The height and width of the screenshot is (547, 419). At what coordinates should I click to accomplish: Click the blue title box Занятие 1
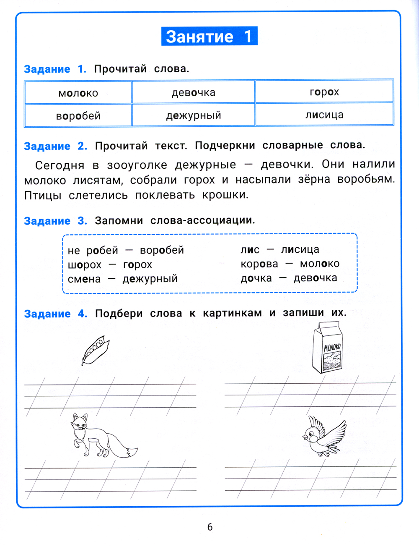coord(209,36)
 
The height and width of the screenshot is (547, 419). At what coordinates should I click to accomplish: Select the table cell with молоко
coord(78,93)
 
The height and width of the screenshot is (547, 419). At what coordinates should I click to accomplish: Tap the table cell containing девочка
coord(193,92)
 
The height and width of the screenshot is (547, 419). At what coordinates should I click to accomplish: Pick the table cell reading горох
coord(324,92)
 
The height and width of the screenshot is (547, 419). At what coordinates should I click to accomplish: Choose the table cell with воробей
coord(78,115)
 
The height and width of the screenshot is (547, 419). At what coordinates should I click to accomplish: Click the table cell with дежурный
coord(193,115)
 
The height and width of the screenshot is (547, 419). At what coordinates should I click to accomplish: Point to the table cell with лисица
coord(324,115)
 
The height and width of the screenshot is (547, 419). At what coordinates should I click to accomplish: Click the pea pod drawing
coord(96,350)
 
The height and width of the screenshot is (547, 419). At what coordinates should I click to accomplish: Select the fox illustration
coord(101,437)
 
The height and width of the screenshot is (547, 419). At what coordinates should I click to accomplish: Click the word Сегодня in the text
coord(59,165)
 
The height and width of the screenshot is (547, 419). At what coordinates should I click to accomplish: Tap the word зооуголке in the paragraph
coord(137,165)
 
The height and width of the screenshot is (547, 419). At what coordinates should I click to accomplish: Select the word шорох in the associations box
coord(85,265)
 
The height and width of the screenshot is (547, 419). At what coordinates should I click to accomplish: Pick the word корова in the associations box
coord(259,264)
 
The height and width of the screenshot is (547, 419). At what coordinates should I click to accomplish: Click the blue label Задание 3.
coord(55,221)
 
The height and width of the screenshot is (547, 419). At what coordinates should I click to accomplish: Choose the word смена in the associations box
coord(84,279)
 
